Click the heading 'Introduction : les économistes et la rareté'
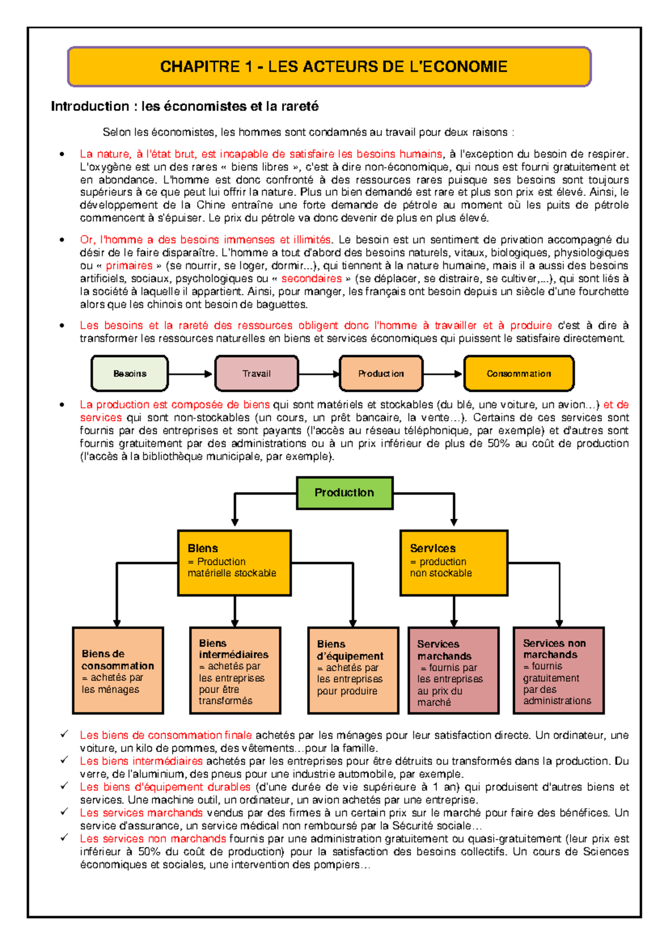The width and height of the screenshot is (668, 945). (x=184, y=106)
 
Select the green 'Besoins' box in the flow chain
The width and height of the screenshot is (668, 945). (x=130, y=373)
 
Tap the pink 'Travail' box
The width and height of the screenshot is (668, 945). (x=257, y=373)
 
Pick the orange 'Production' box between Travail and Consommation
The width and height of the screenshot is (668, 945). (x=381, y=373)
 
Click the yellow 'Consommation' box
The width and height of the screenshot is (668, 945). (x=518, y=373)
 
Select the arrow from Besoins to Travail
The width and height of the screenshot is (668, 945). (x=191, y=373)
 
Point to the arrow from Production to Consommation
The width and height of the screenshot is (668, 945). (x=443, y=373)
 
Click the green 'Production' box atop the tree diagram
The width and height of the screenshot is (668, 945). (x=345, y=493)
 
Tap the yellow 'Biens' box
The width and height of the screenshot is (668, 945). (x=234, y=563)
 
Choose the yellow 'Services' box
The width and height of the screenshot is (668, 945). (x=454, y=563)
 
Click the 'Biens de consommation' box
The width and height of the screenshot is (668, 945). (x=118, y=671)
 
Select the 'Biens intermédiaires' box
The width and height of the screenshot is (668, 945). (x=235, y=671)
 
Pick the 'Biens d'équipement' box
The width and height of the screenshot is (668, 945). (x=353, y=671)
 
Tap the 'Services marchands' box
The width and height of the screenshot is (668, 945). (x=454, y=671)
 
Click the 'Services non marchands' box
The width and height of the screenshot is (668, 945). (x=558, y=671)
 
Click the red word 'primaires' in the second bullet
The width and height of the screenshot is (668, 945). (x=129, y=266)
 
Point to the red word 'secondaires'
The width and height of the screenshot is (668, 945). (x=311, y=279)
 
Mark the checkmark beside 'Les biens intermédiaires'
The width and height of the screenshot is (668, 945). (x=65, y=760)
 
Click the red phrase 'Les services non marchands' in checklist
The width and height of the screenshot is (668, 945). (x=153, y=839)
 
